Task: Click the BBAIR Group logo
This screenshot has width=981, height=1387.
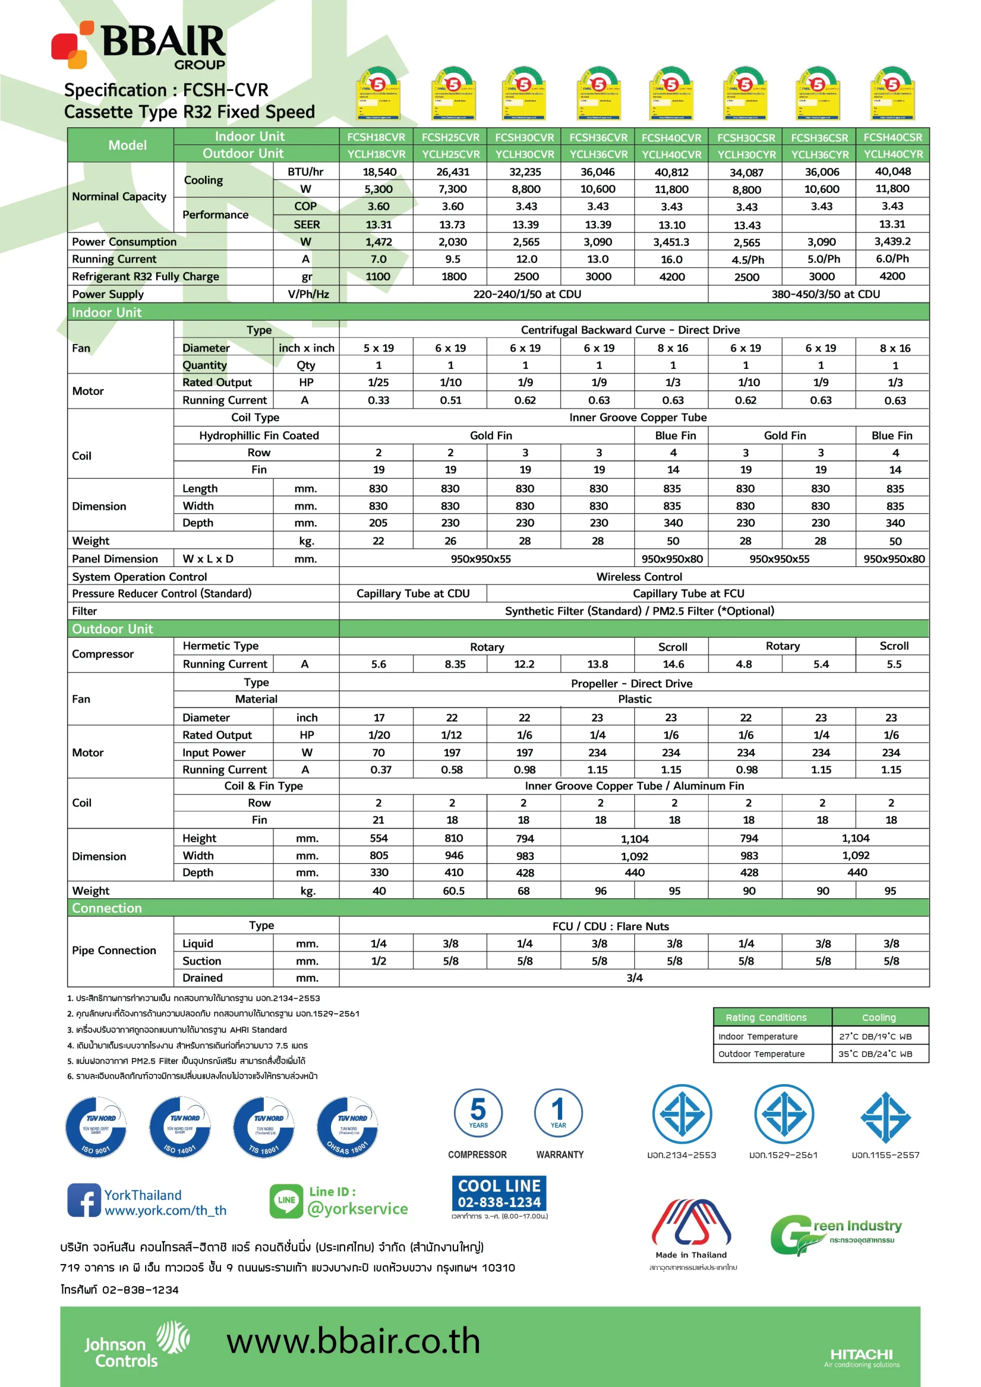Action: [x=139, y=46]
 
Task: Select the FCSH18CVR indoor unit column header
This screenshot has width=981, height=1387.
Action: [x=376, y=137]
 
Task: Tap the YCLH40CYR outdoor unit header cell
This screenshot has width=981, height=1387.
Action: [x=893, y=154]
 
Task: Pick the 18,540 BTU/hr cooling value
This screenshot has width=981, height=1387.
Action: [x=379, y=172]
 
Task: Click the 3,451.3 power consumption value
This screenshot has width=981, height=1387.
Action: [x=671, y=242]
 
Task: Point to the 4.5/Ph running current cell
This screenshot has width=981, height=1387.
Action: [x=747, y=260]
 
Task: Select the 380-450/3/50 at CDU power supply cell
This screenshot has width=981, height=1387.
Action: [x=825, y=294]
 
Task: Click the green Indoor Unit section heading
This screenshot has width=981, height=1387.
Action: [x=107, y=312]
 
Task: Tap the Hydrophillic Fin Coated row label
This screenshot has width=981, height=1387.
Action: [x=258, y=436]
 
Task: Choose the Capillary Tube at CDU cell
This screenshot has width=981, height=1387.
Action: [x=413, y=594]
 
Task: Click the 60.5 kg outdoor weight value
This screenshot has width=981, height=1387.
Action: [x=453, y=891]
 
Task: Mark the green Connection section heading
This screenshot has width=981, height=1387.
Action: [x=107, y=908]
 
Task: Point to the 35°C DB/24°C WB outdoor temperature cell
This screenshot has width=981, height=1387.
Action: [x=875, y=1054]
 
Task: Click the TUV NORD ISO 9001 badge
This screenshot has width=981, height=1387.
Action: [x=96, y=1127]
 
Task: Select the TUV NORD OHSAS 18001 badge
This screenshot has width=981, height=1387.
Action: [x=347, y=1127]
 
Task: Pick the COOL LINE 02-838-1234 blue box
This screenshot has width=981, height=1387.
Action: [x=499, y=1193]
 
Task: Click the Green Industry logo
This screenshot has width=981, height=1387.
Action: [x=836, y=1233]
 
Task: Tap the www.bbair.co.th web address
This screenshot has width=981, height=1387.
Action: [x=353, y=1341]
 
